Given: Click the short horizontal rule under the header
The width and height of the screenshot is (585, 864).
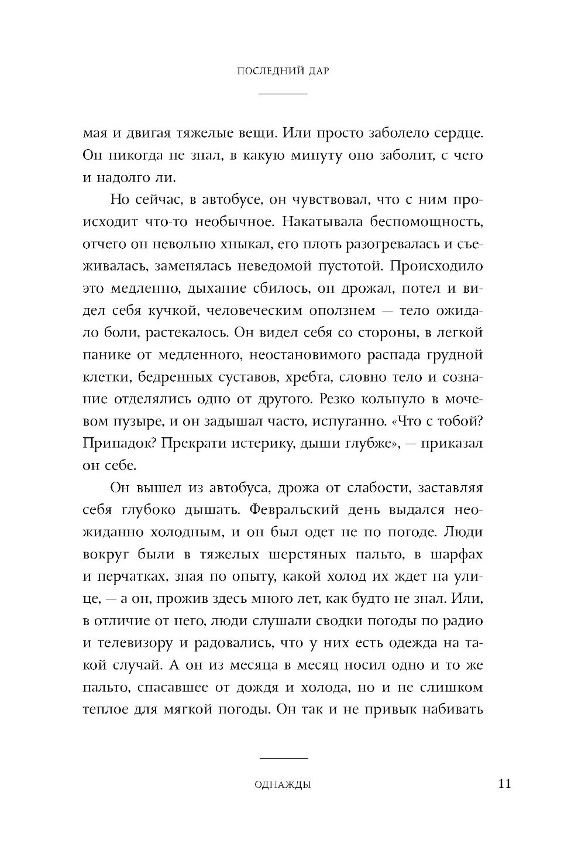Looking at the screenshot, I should [283, 94].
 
